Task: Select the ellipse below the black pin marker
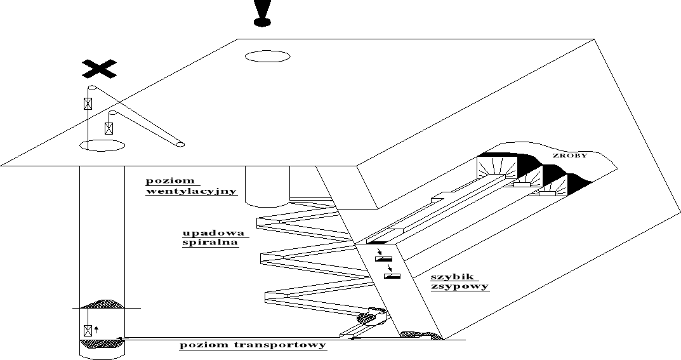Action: [267, 57]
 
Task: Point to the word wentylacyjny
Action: [191, 191]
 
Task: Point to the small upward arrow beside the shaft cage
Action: [97, 329]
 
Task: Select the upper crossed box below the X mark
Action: [89, 104]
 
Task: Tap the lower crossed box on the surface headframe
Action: [110, 128]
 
